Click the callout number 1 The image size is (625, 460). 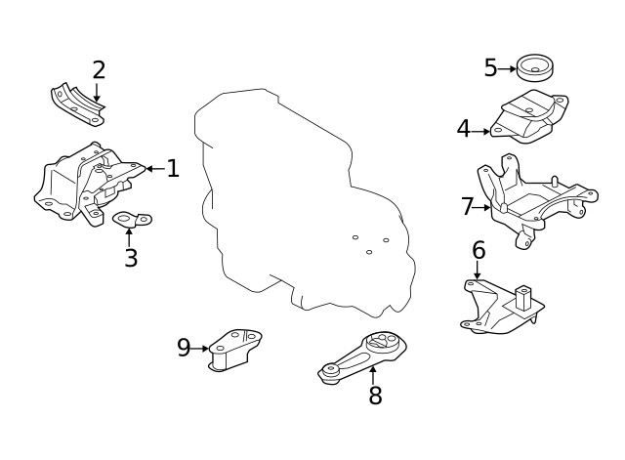coord(173,169)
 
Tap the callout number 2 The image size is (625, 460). coord(98,70)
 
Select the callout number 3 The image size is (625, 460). coord(130,258)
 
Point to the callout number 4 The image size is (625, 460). coord(463,128)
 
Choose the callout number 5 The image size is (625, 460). coord(490,68)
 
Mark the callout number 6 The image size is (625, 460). coord(478,250)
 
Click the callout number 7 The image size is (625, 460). coord(467,207)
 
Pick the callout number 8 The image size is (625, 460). coord(375,396)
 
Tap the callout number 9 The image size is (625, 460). coord(184,348)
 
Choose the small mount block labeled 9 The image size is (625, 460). coord(234,350)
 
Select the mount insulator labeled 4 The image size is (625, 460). coord(527,118)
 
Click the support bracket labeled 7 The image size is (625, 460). coord(532,200)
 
